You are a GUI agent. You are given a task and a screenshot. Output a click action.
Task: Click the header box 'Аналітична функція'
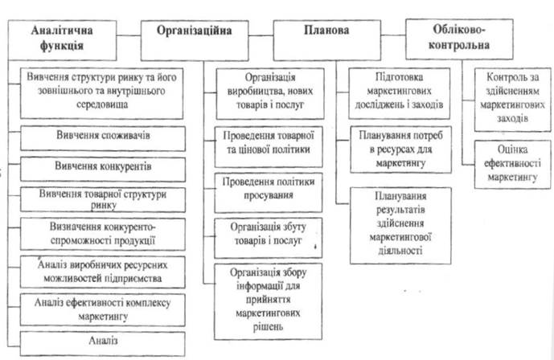(62, 40)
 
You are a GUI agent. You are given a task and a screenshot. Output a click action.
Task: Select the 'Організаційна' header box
(195, 41)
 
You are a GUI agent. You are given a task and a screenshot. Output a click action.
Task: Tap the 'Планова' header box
(327, 40)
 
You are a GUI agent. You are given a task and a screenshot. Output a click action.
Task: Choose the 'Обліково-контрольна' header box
(459, 39)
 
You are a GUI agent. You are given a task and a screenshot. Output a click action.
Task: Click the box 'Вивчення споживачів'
(103, 139)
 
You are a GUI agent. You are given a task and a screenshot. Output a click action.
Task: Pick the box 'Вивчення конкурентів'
(103, 170)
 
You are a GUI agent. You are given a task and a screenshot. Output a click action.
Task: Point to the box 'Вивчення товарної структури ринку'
(103, 200)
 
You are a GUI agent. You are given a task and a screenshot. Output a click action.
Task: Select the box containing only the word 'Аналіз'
(102, 344)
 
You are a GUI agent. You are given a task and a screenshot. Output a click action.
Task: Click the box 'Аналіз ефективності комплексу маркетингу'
(102, 310)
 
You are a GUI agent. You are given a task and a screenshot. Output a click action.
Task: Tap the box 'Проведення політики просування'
(269, 193)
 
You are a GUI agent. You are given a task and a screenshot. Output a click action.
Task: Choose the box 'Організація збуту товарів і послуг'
(269, 238)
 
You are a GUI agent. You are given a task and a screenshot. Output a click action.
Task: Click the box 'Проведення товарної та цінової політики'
(269, 147)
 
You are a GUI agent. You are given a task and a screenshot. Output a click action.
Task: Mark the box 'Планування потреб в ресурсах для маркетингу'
(401, 149)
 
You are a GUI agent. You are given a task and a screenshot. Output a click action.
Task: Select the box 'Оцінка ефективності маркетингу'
(513, 165)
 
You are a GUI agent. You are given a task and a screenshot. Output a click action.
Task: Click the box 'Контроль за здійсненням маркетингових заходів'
(513, 100)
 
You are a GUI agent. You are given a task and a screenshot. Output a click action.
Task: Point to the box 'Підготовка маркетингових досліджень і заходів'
(400, 93)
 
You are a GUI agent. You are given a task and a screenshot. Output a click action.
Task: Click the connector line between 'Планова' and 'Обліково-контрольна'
(393, 35)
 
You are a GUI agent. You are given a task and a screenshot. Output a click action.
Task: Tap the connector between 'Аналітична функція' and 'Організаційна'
(129, 35)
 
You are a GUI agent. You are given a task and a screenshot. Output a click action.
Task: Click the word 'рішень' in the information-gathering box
(269, 327)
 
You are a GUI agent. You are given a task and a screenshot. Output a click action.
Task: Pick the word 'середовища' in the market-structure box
(102, 104)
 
